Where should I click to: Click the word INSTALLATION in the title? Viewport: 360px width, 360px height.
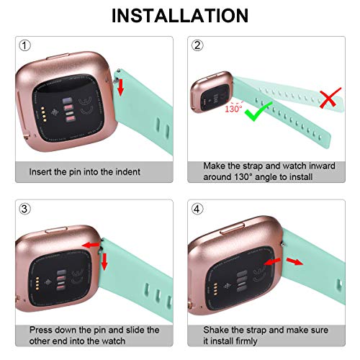179,15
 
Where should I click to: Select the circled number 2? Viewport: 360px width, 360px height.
197,46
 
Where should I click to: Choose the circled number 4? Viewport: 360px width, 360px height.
197,210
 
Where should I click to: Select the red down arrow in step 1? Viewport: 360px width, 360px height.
120,88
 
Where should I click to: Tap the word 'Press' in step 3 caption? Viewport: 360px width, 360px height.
41,329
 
